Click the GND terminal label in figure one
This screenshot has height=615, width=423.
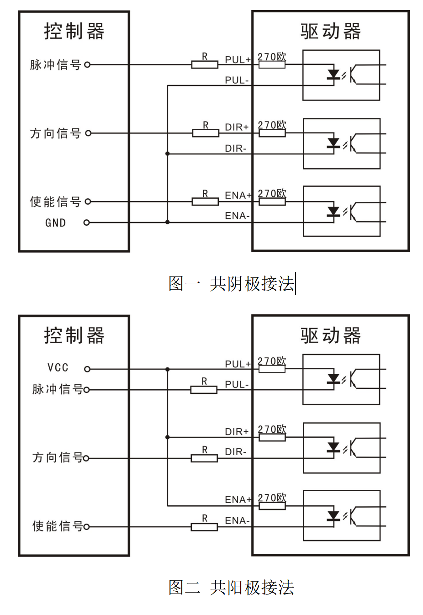coord(55,223)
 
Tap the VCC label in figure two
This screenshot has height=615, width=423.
coord(58,368)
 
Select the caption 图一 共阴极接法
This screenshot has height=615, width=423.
coord(231,284)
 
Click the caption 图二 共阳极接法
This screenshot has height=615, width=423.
coord(231,588)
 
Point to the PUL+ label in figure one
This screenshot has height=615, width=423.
coord(238,60)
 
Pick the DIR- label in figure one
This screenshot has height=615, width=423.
coord(236,148)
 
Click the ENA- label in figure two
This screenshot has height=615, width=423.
coord(237,520)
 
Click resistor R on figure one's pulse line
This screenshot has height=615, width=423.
coord(205,65)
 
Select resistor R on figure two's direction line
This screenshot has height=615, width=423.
coord(204,458)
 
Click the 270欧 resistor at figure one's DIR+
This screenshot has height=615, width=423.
coord(272,133)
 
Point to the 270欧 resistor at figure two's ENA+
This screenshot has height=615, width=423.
coord(272,506)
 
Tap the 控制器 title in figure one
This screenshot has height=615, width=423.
coord(74,32)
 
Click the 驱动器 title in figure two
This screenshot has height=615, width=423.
coord(331,336)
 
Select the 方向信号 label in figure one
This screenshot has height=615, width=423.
coord(55,133)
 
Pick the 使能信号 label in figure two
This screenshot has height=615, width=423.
coord(58,526)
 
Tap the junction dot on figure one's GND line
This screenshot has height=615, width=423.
coord(168,222)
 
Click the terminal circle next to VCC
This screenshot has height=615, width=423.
coord(87,369)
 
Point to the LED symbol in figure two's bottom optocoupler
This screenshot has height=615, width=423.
coord(333,516)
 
